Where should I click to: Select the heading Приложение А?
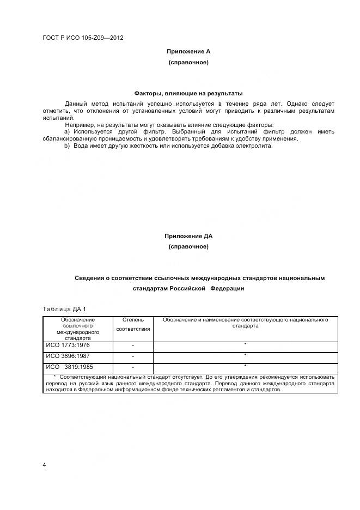[188, 51]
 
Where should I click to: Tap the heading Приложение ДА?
[188, 236]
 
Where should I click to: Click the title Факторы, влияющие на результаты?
[188, 93]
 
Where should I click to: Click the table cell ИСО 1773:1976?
[68, 345]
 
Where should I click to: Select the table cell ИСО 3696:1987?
[68, 356]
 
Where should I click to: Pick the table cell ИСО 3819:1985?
[70, 366]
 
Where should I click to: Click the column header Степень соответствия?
[133, 325]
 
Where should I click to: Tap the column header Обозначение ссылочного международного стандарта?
[78, 329]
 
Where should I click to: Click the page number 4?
[45, 464]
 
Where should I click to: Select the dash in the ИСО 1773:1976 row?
[133, 346]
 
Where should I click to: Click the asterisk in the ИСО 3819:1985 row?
[245, 366]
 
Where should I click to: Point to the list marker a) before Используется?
[68, 132]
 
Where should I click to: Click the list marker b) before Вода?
[68, 145]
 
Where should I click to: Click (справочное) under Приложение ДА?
[188, 247]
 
